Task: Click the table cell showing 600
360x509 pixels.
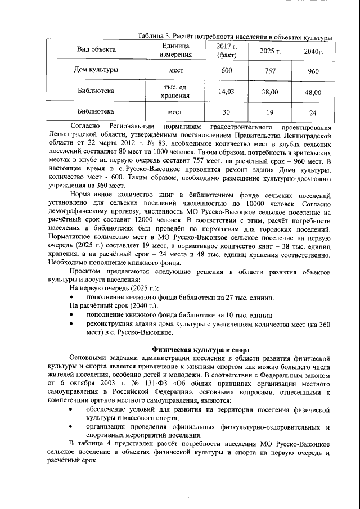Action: [227, 71]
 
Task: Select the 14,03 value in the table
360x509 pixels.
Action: [227, 91]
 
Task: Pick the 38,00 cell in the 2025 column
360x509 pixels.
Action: [269, 91]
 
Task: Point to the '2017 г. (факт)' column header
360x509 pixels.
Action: [227, 51]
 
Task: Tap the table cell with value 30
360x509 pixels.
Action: [227, 111]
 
